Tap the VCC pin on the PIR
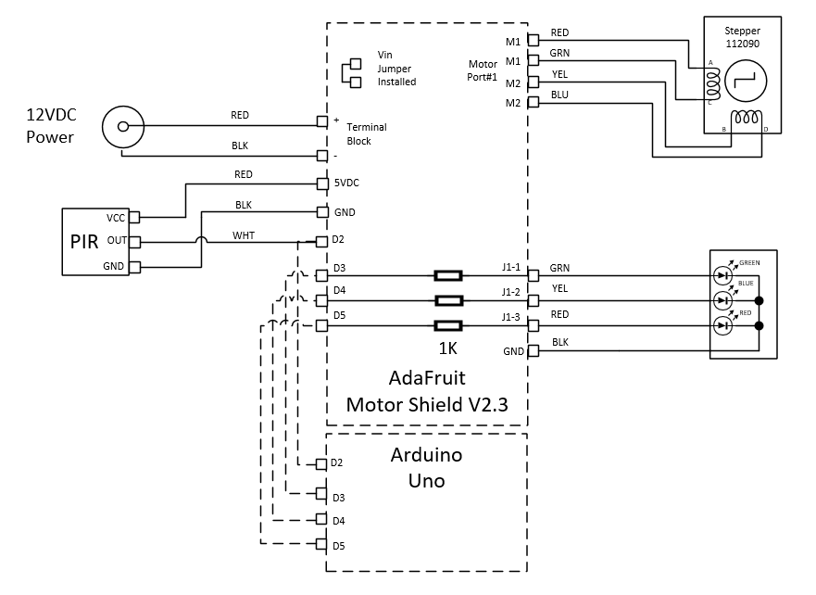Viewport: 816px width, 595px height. pyautogui.click(x=134, y=218)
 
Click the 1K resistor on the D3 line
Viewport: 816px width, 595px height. pyautogui.click(x=448, y=275)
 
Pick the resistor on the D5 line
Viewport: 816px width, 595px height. pyautogui.click(x=448, y=325)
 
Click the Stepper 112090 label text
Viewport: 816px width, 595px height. pyautogui.click(x=741, y=37)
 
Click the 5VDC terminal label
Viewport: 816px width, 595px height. pyautogui.click(x=347, y=184)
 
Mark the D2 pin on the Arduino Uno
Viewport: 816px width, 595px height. pyautogui.click(x=322, y=463)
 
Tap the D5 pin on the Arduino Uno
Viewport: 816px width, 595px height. pyautogui.click(x=322, y=545)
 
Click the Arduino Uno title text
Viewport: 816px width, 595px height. pyautogui.click(x=427, y=468)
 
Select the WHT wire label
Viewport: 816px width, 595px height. pyautogui.click(x=244, y=234)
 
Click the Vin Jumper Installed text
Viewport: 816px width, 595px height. pyautogui.click(x=396, y=69)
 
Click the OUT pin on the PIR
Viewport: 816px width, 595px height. pyautogui.click(x=134, y=242)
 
